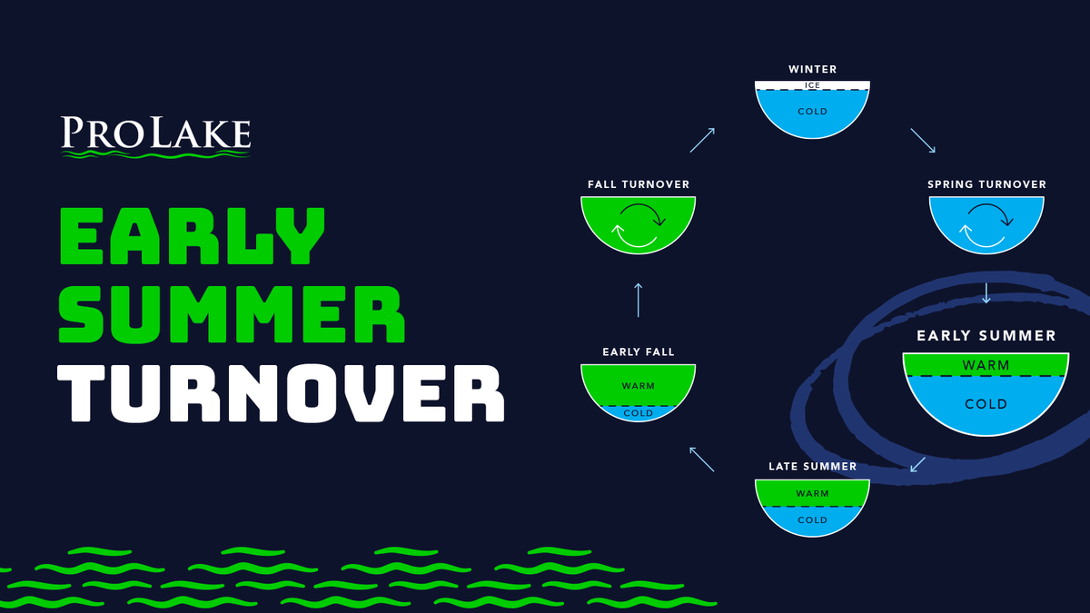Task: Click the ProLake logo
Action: pyautogui.click(x=155, y=137)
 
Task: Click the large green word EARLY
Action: pyautogui.click(x=193, y=236)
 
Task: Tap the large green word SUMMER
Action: pyautogui.click(x=232, y=314)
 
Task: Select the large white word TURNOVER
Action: pyautogui.click(x=281, y=393)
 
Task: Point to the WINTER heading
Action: pyautogui.click(x=813, y=69)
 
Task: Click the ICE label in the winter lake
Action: pyautogui.click(x=813, y=85)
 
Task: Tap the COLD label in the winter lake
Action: pyautogui.click(x=813, y=112)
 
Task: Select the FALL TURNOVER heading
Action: pyautogui.click(x=639, y=184)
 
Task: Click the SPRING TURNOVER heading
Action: pyautogui.click(x=986, y=184)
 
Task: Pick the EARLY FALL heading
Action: pyautogui.click(x=639, y=351)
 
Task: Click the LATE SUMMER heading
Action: pyautogui.click(x=813, y=466)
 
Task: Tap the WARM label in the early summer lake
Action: pyautogui.click(x=986, y=365)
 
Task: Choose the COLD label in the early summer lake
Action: pyautogui.click(x=986, y=404)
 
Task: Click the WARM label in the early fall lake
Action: pyautogui.click(x=639, y=386)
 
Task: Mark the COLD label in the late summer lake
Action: pyautogui.click(x=813, y=520)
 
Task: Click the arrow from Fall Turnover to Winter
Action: pyautogui.click(x=702, y=140)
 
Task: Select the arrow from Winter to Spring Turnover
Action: pyautogui.click(x=923, y=141)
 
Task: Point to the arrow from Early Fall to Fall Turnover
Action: pyautogui.click(x=639, y=301)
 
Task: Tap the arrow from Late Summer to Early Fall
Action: pyautogui.click(x=701, y=460)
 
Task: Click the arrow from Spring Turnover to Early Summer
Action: pyautogui.click(x=986, y=292)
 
